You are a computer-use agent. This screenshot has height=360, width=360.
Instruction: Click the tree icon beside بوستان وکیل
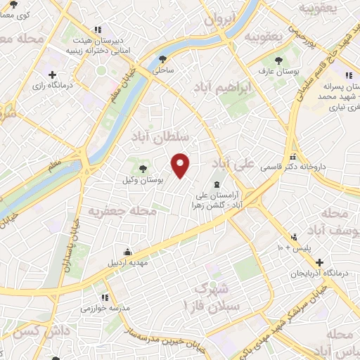click(x=143, y=168)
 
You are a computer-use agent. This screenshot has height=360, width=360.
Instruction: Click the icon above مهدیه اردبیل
click(x=127, y=252)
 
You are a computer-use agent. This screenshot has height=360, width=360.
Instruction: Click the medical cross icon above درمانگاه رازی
click(x=52, y=74)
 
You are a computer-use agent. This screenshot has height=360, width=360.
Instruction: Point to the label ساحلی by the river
click(x=164, y=71)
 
